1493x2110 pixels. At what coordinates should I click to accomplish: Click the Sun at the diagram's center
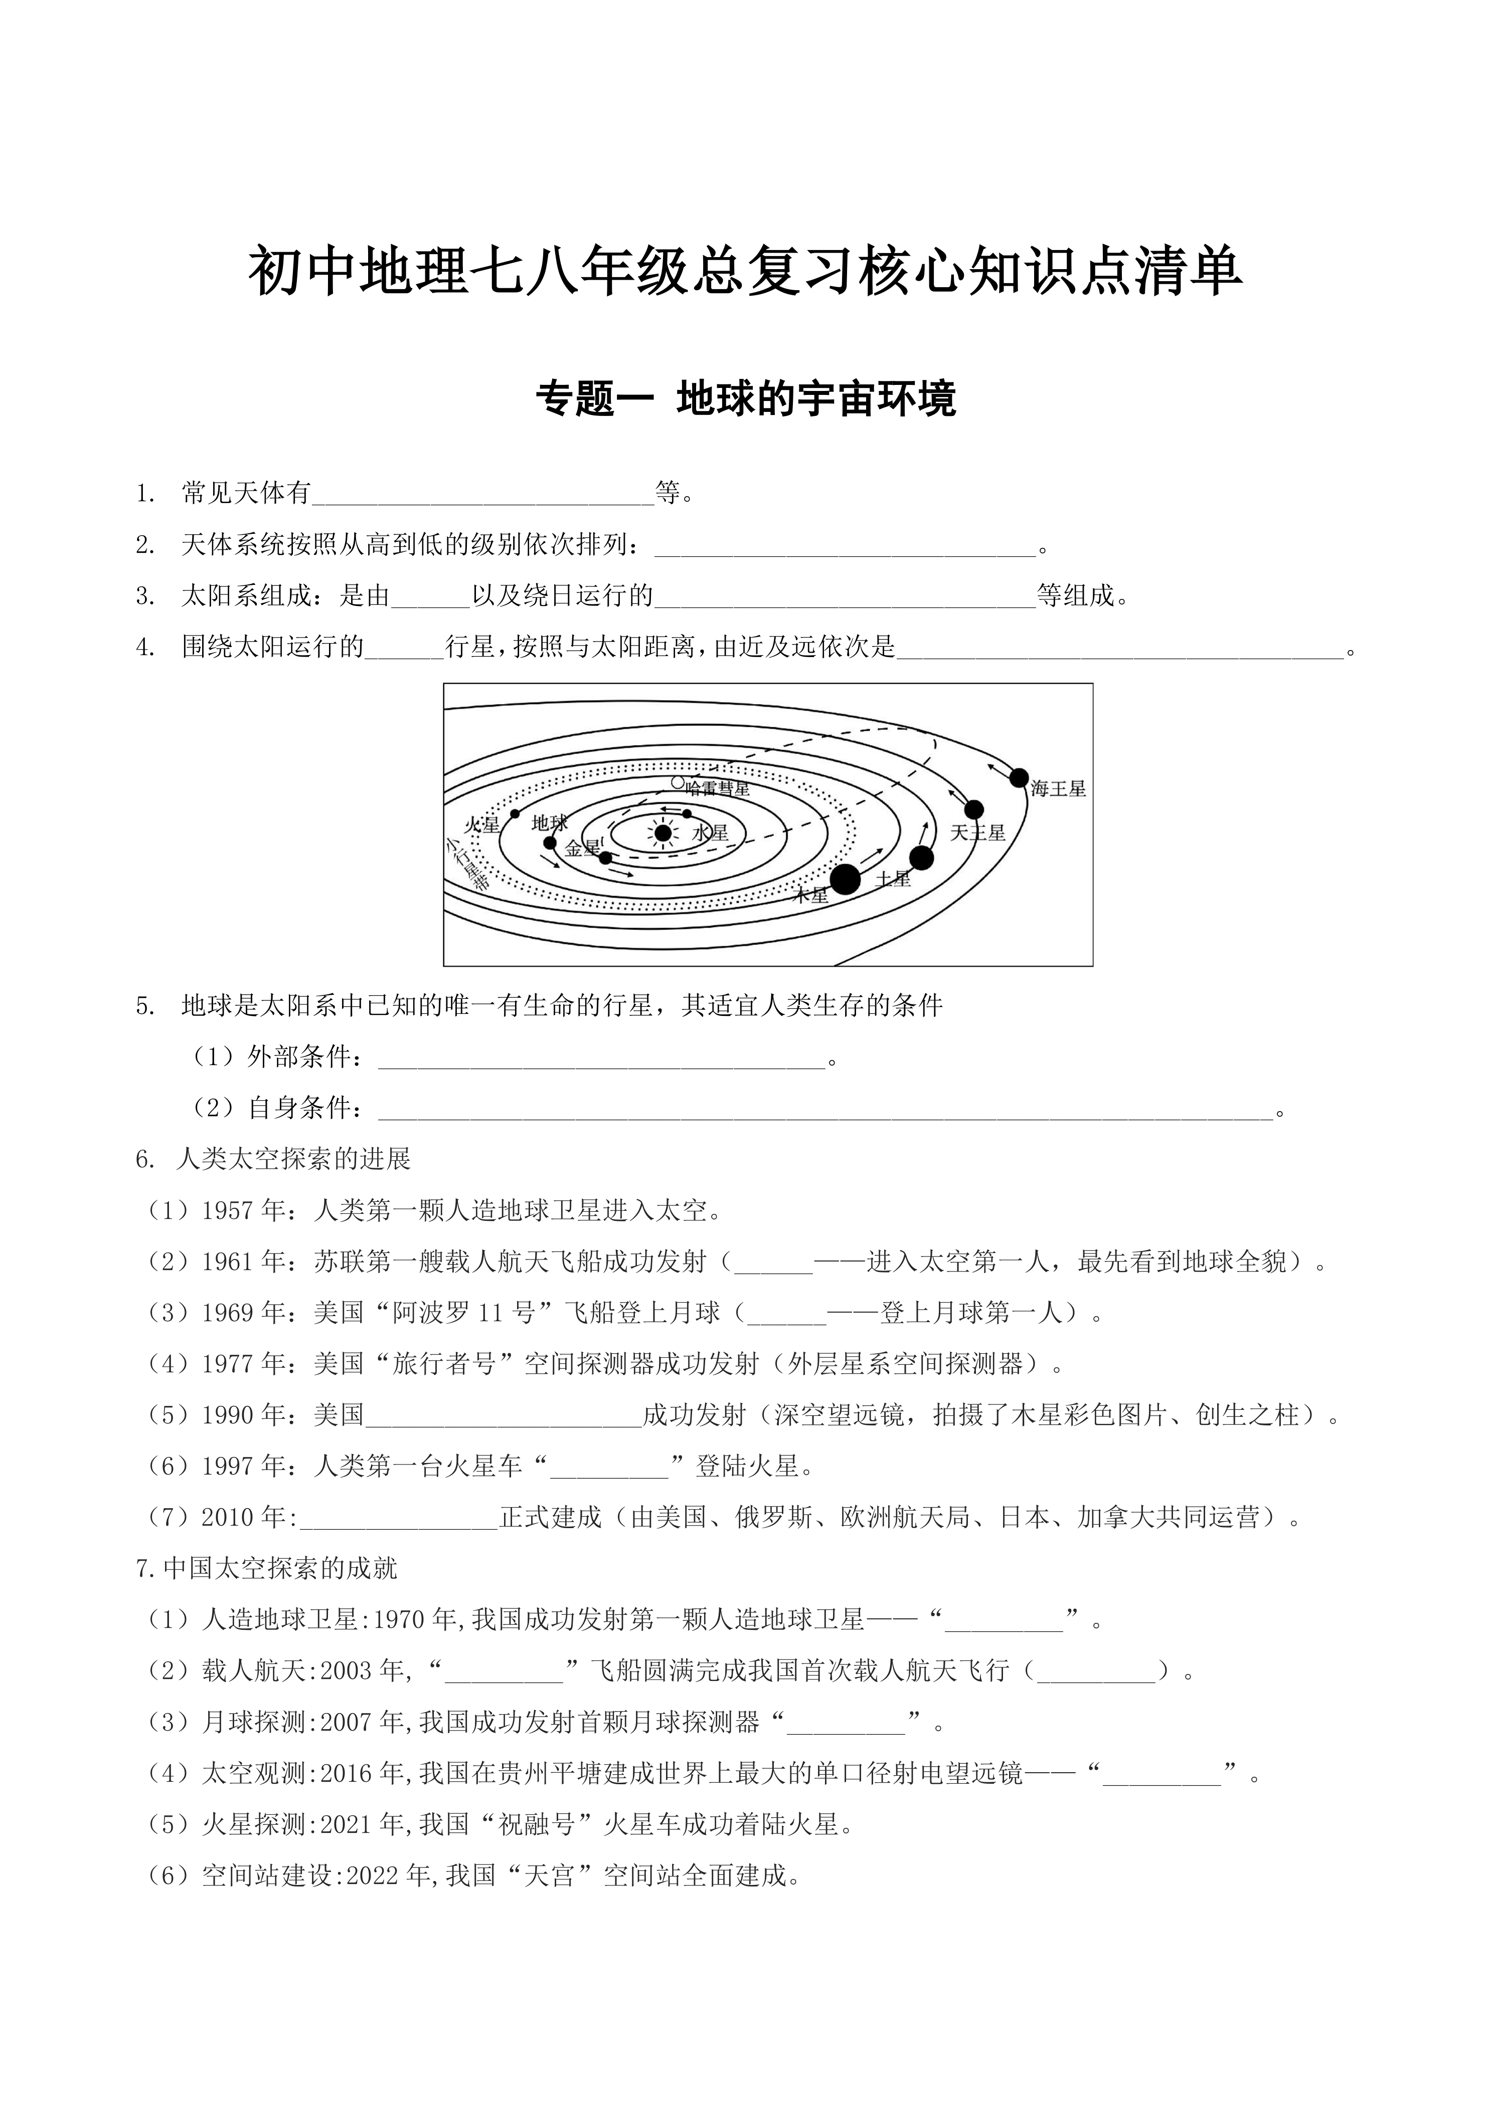[x=662, y=832]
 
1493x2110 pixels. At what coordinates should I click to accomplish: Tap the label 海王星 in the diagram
[x=1058, y=788]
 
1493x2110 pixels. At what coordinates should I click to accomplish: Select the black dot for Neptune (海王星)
[x=1019, y=777]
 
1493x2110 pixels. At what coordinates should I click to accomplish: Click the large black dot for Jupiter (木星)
[x=845, y=879]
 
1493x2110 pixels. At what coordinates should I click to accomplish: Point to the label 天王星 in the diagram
[x=977, y=832]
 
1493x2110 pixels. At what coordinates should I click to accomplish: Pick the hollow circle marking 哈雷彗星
[x=678, y=783]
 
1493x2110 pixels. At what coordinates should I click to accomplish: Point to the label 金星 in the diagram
[x=582, y=848]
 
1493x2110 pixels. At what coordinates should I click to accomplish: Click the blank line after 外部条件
[x=602, y=1059]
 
